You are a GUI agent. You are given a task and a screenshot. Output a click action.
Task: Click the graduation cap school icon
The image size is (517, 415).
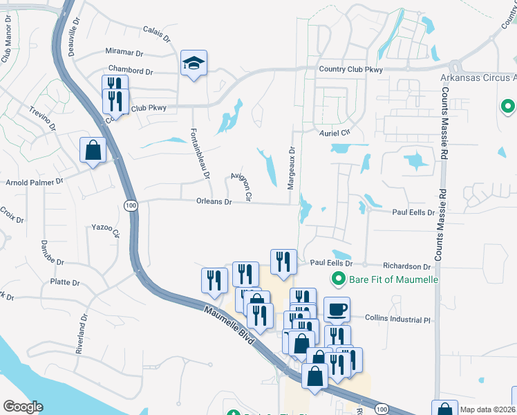tap(194, 63)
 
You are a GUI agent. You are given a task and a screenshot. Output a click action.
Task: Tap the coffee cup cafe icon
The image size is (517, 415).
tap(337, 309)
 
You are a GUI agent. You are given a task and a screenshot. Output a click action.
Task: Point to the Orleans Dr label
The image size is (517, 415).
tap(214, 202)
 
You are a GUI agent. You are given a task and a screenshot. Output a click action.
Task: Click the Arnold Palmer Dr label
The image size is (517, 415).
tap(35, 181)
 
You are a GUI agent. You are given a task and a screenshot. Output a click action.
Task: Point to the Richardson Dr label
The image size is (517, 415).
tap(408, 266)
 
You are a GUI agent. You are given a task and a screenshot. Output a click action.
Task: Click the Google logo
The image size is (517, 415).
tap(23, 406)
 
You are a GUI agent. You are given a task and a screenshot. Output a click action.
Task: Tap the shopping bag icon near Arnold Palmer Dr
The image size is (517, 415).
tap(93, 149)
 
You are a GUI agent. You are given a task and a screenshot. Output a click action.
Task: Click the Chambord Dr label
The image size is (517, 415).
tap(131, 71)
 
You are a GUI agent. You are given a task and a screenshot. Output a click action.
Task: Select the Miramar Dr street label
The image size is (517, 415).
tap(124, 52)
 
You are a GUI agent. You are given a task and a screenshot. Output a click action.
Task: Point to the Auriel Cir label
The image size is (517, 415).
tap(335, 132)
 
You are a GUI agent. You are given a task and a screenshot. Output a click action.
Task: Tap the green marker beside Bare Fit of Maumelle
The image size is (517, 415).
tap(338, 279)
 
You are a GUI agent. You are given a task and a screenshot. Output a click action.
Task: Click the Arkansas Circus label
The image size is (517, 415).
tap(478, 77)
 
